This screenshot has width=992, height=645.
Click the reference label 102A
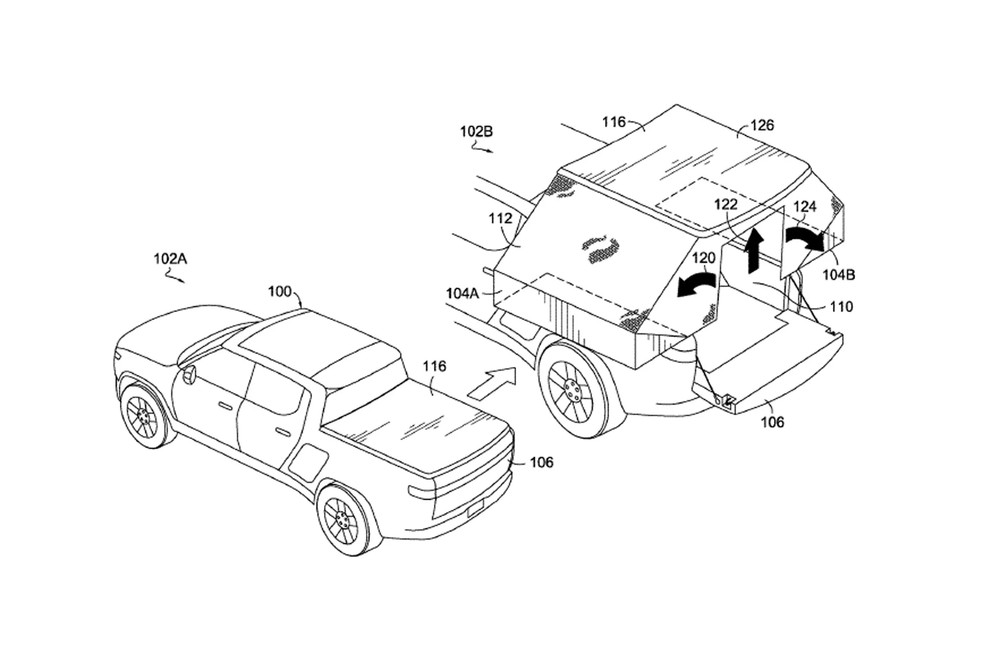click(x=170, y=258)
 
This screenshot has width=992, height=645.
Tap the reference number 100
click(x=280, y=291)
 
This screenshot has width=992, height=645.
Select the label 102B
click(x=476, y=132)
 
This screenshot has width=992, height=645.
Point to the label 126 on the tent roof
click(x=763, y=125)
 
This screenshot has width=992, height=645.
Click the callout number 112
click(x=500, y=218)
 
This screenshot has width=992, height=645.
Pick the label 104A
click(x=462, y=293)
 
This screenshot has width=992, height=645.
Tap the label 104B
click(x=839, y=275)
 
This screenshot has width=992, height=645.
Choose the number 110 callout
click(x=841, y=307)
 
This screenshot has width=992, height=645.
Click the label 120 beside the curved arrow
click(x=704, y=258)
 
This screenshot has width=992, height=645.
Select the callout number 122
click(x=725, y=204)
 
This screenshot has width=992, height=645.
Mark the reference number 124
click(x=804, y=207)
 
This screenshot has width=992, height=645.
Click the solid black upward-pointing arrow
click(x=754, y=250)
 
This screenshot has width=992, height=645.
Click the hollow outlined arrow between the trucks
click(x=491, y=382)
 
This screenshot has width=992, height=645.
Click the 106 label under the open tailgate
click(x=772, y=422)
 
